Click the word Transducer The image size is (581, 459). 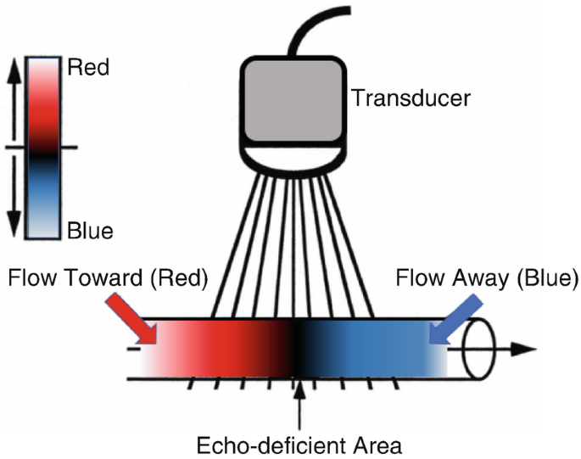click(411, 98)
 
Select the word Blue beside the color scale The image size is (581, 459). click(88, 229)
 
